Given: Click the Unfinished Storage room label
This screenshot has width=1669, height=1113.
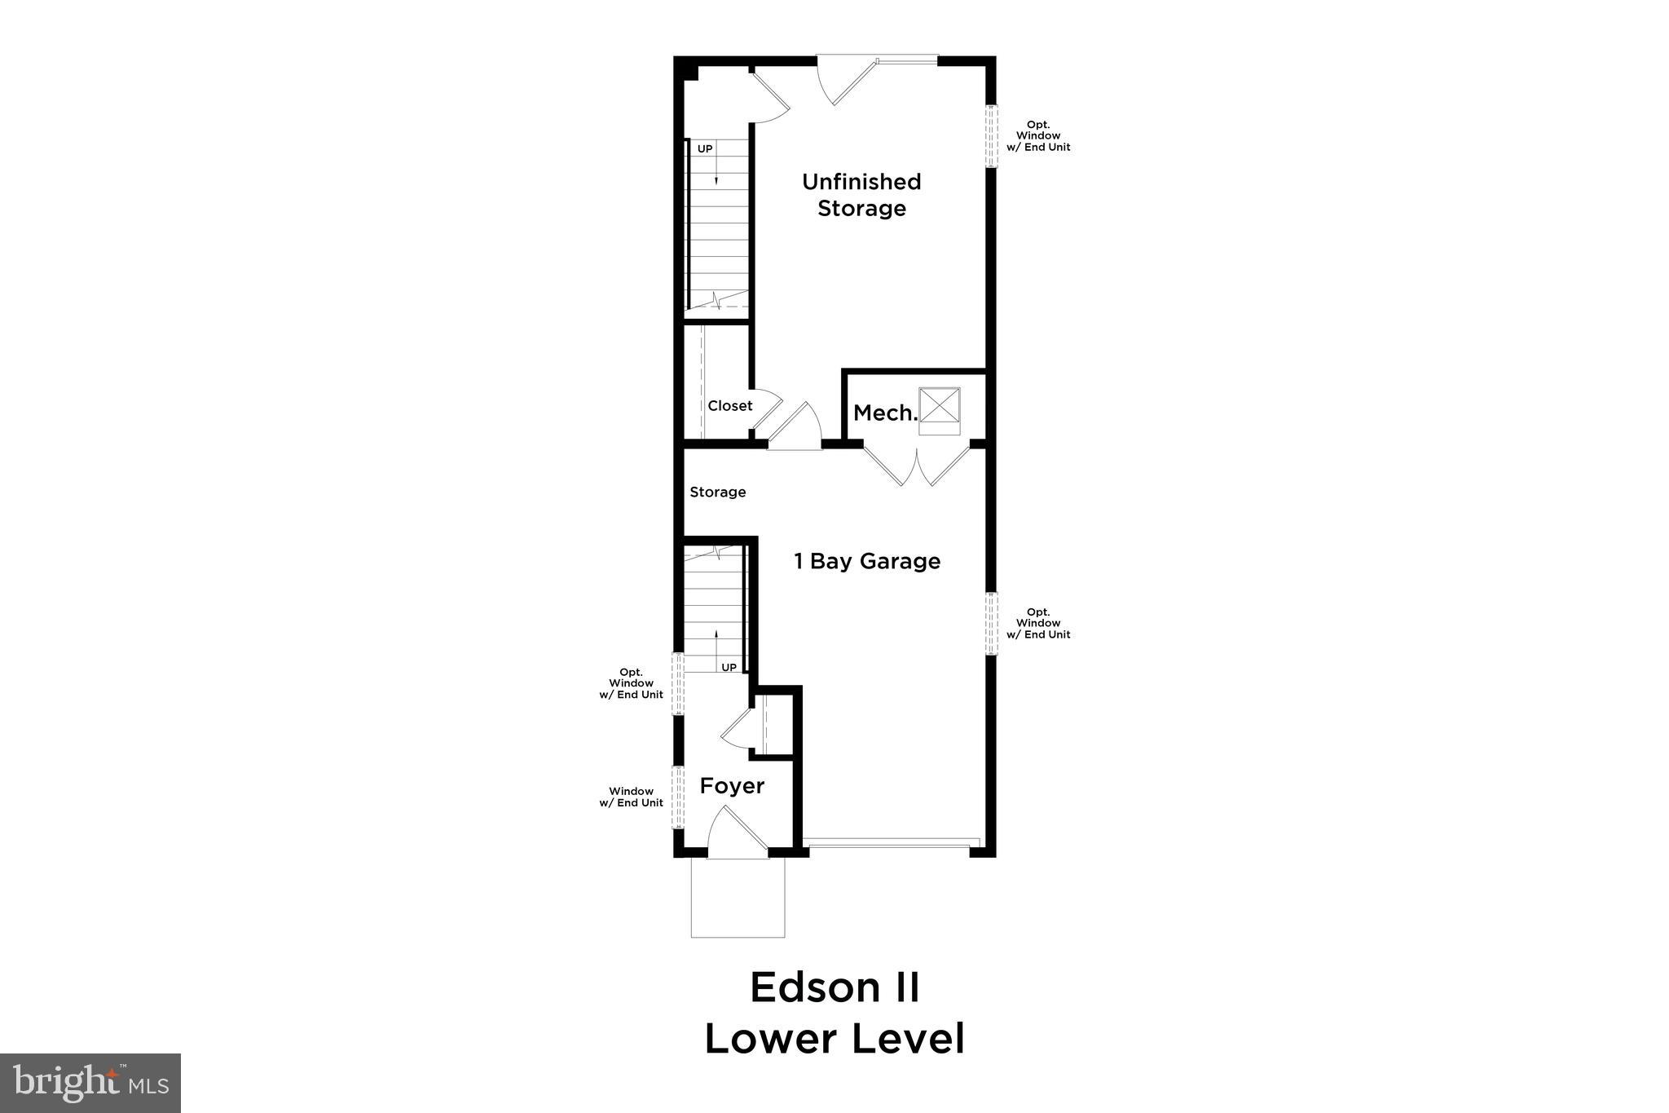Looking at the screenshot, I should point(861,195).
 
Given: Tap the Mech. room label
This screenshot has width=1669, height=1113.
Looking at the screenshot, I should point(885,413).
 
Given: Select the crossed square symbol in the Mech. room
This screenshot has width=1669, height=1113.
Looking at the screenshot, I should point(940,405).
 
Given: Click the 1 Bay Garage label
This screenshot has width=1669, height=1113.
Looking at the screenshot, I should point(867,561).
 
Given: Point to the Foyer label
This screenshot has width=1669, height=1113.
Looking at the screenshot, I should point(732,786).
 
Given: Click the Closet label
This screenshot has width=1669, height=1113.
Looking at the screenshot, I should point(729,406).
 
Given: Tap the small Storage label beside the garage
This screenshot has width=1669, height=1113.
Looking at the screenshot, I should point(717,492).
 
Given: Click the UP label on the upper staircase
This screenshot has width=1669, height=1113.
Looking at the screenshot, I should point(705,149).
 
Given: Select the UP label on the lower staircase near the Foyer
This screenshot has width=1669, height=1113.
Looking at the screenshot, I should point(729,667).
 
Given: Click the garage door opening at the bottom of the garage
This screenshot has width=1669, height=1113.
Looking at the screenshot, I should point(890,843).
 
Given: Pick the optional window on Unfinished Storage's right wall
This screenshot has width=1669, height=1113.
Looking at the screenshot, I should point(991,136).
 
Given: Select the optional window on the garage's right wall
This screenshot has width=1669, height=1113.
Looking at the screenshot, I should point(991,623).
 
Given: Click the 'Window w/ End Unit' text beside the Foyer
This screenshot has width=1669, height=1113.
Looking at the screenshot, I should point(631,797).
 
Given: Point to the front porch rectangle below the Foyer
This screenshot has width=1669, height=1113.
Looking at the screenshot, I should point(738,897).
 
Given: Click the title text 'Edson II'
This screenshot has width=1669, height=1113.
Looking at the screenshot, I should point(834,988).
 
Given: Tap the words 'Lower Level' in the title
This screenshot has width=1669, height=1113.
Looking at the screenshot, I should point(834,1040).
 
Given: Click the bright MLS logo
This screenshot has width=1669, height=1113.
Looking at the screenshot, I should point(90,1083).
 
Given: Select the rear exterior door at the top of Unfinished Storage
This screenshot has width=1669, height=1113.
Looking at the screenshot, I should point(852,80).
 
